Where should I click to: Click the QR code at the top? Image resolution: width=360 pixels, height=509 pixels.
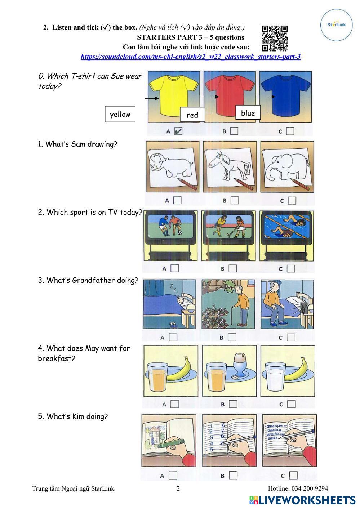coord(275,38)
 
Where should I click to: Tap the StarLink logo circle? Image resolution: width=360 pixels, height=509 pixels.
coord(337,24)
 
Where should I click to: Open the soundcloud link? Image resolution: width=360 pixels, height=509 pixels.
coord(190,57)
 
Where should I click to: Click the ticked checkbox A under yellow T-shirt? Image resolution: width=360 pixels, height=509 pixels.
coord(178,131)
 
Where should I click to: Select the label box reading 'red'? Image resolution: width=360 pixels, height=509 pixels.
coord(192,115)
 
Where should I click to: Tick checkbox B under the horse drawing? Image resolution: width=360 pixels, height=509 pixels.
coord(235,200)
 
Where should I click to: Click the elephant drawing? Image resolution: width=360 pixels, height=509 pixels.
coord(287,169)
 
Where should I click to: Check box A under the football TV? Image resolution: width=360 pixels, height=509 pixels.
coord(175,268)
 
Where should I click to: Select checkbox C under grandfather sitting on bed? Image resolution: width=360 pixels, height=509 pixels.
coord(291,337)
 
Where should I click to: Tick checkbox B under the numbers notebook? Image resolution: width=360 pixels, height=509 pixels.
coord(233,475)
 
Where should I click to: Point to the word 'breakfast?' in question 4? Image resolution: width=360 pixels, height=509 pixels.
coord(57,358)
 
